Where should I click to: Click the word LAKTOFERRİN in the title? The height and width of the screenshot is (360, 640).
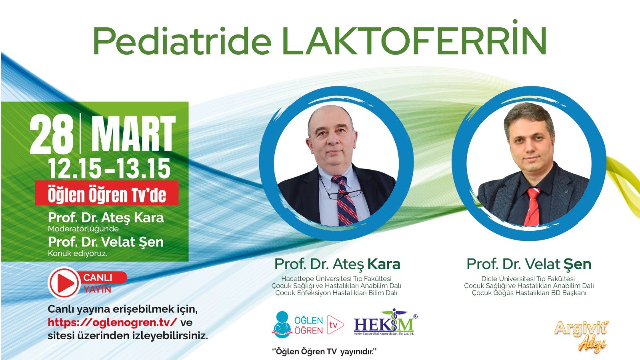point(414,41)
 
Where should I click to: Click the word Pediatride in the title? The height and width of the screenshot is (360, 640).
point(182,41)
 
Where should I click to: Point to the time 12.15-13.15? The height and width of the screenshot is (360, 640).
point(109,168)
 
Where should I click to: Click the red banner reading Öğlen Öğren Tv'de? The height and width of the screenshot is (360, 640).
point(107,195)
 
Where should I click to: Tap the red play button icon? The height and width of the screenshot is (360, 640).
point(64,283)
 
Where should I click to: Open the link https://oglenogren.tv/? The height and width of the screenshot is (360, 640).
point(112,322)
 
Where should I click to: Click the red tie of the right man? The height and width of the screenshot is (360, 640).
point(533,206)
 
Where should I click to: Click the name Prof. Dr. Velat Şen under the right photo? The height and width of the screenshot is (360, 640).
point(529,264)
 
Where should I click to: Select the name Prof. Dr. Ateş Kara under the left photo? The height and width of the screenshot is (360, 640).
point(337,264)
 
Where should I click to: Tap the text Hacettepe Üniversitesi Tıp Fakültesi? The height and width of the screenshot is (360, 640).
point(336,279)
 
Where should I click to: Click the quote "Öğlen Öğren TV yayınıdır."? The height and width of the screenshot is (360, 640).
point(324,352)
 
